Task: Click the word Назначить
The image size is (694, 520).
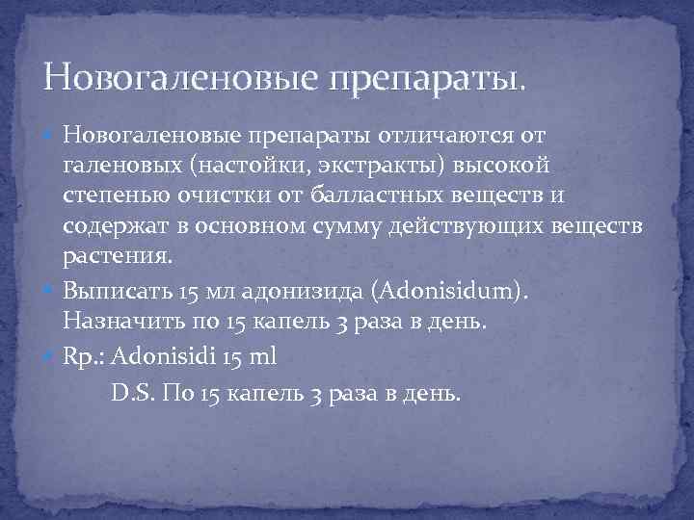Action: [117, 322]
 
